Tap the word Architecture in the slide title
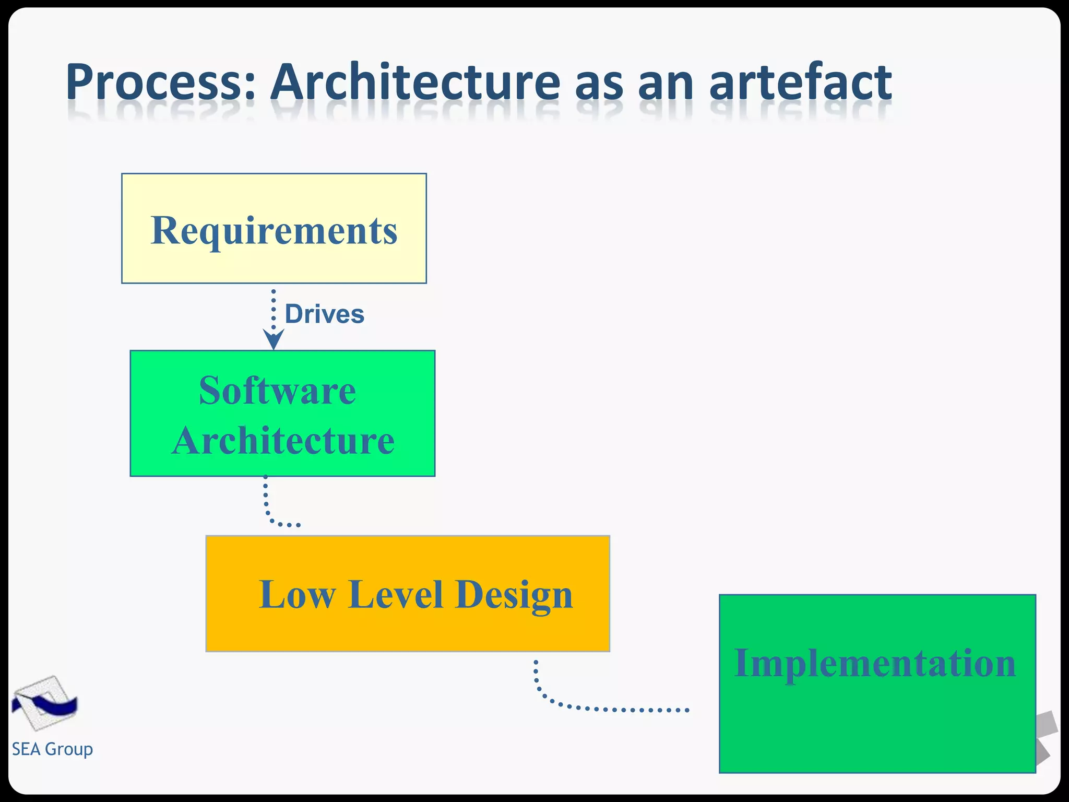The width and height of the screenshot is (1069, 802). click(415, 82)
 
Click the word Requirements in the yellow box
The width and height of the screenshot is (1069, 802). click(274, 230)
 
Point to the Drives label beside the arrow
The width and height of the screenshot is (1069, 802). click(324, 314)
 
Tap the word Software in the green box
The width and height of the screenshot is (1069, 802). click(277, 391)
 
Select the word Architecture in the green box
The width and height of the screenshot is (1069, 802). click(282, 441)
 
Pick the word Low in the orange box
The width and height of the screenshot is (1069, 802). click(296, 595)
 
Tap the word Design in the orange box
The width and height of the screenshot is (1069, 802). click(514, 596)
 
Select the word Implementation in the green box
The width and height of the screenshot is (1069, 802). click(875, 664)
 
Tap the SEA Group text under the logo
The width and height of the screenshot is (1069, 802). click(52, 749)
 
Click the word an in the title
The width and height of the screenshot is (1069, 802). click(666, 82)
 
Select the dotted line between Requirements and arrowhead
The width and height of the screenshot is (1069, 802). click(274, 308)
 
